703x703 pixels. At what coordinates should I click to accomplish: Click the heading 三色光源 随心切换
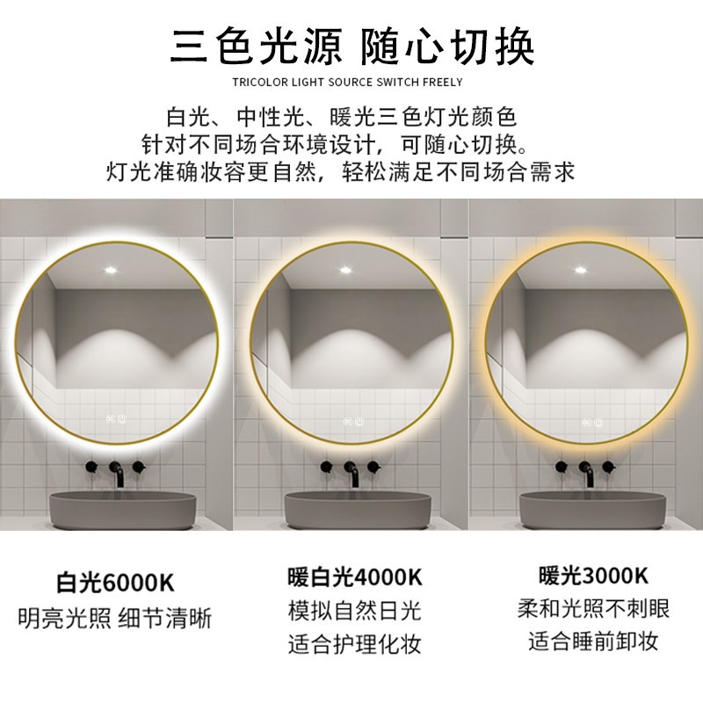(x=352, y=47)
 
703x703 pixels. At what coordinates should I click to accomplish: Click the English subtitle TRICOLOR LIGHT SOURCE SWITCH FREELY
(x=347, y=82)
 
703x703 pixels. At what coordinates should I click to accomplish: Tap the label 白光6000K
(x=116, y=582)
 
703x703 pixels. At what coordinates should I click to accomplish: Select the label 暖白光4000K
(x=355, y=576)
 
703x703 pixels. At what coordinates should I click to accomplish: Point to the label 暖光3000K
(x=594, y=576)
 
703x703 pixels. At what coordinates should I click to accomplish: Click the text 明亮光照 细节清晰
(x=115, y=619)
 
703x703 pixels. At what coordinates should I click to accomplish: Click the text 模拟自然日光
(x=355, y=611)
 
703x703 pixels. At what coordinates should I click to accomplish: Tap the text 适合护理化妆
(x=355, y=644)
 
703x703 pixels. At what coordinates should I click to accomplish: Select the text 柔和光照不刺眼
(x=594, y=609)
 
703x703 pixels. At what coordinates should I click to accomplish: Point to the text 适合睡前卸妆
(x=594, y=641)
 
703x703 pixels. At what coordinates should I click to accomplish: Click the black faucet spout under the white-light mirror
(x=118, y=475)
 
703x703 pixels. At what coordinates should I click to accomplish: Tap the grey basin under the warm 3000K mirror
(x=592, y=511)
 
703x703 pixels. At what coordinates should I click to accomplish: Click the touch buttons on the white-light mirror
(x=116, y=419)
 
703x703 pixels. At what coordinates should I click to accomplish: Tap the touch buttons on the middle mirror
(x=354, y=422)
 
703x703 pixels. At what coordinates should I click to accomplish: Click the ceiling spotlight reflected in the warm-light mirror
(x=580, y=270)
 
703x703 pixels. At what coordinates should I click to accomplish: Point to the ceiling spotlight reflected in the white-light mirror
(x=111, y=270)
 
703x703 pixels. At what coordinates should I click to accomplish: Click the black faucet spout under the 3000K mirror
(x=588, y=475)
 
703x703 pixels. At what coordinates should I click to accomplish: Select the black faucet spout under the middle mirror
(x=353, y=475)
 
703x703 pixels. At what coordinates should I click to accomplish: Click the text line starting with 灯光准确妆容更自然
(x=341, y=171)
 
